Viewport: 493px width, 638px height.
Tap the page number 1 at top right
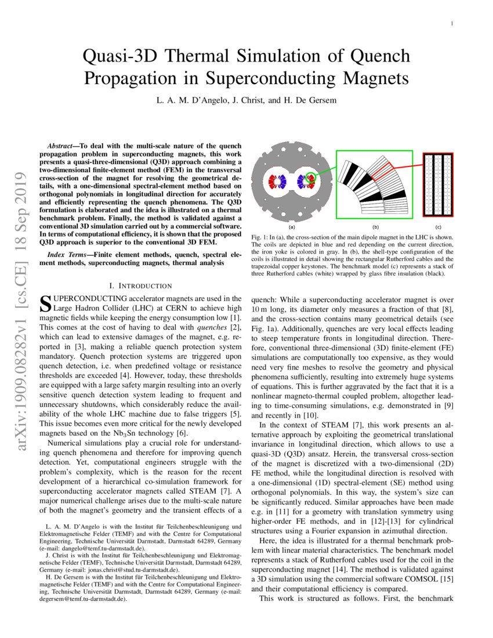pyautogui.click(x=451, y=24)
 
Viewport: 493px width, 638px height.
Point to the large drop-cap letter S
pyautogui.click(x=44, y=303)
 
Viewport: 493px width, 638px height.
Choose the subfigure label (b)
pyautogui.click(x=375, y=227)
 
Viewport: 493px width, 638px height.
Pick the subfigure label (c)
pyautogui.click(x=438, y=227)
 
